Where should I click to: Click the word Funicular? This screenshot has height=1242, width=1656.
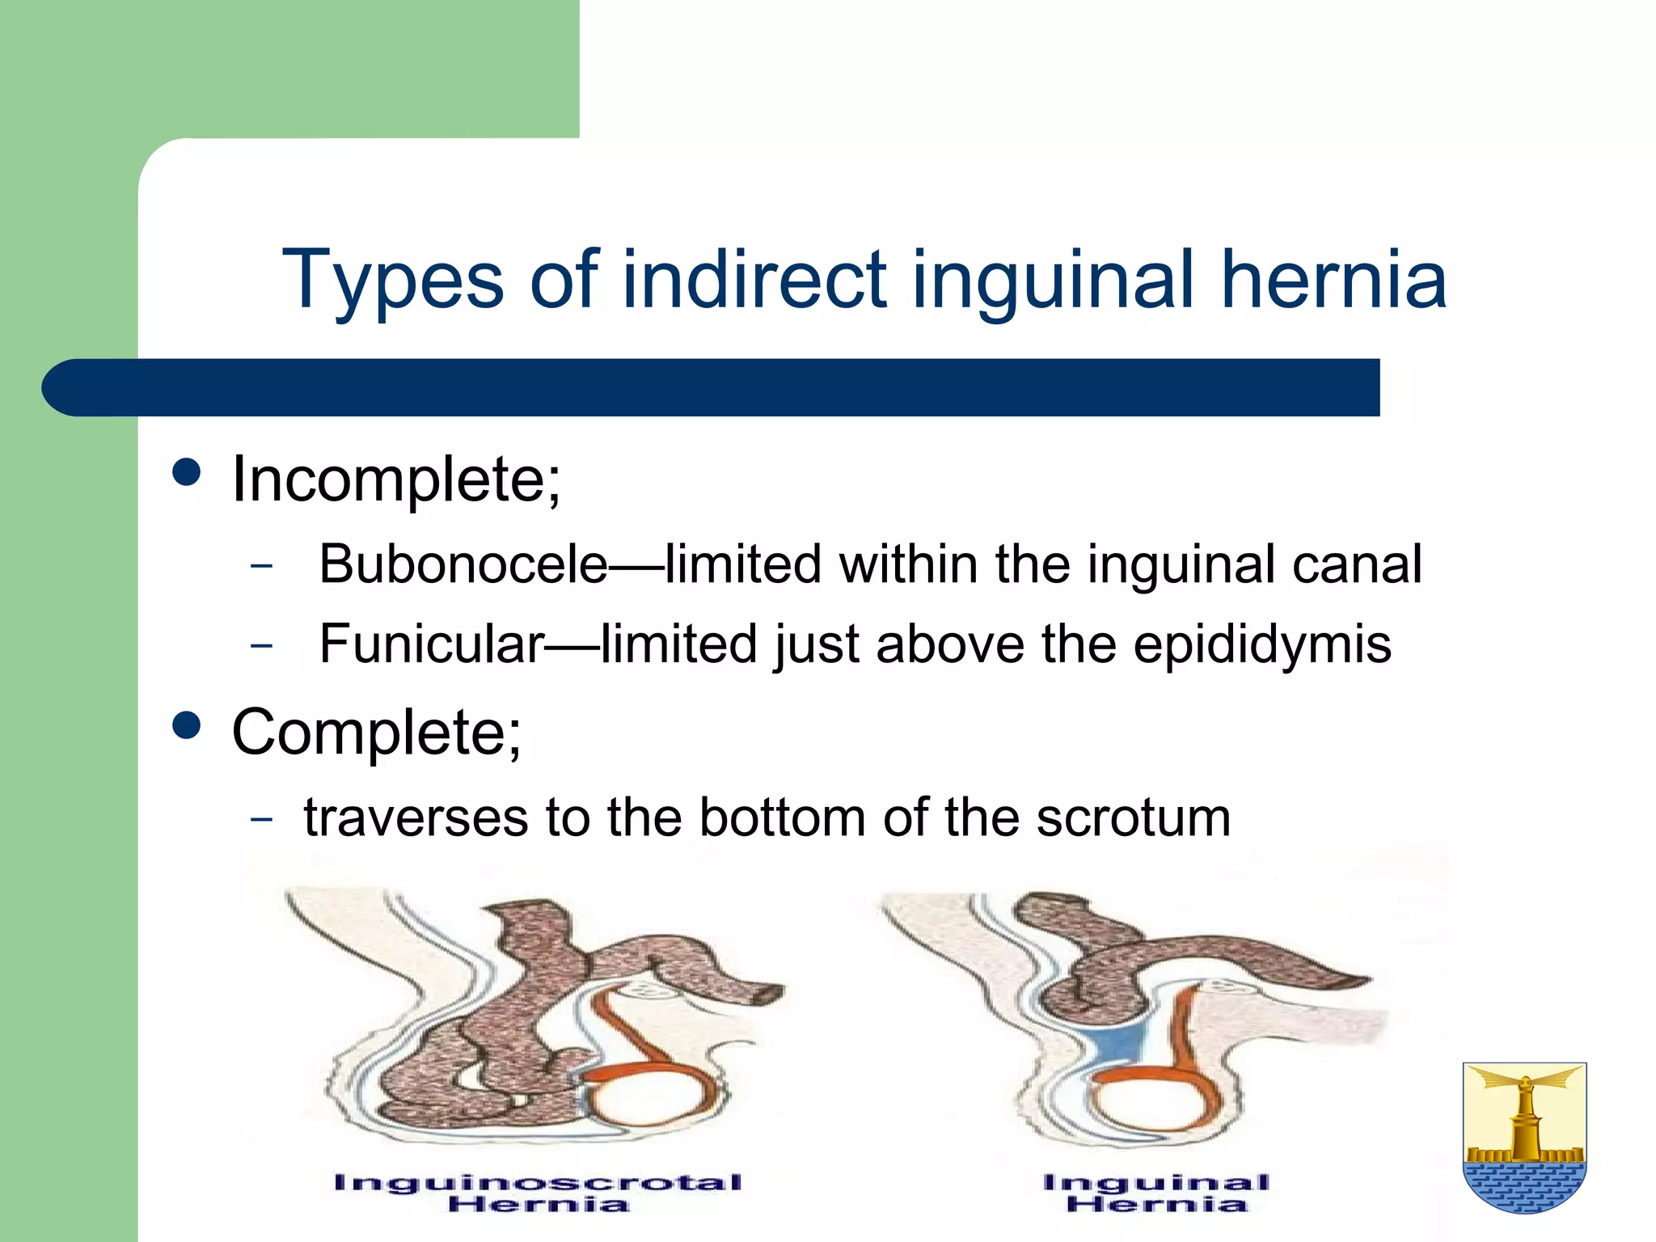pos(432,644)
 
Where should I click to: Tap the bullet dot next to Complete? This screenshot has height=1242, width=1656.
pos(187,725)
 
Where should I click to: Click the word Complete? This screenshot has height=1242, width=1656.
pos(376,733)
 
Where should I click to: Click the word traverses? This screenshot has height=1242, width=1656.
pos(416,817)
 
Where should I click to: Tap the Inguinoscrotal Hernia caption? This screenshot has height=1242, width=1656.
pos(539,1193)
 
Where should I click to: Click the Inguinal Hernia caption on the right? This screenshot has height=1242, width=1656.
pos(1156,1193)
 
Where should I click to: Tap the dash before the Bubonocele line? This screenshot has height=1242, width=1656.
pos(261,565)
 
